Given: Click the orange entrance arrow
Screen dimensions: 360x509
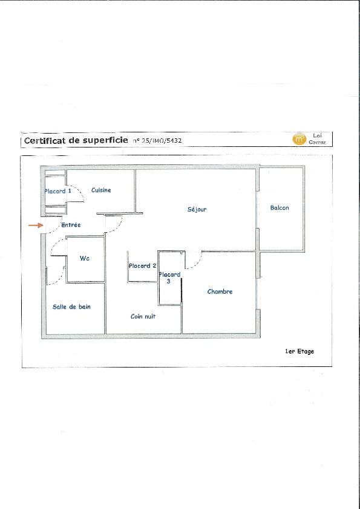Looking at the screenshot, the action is pos(36,225).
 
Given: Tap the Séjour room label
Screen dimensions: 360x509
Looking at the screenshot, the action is pos(197,209).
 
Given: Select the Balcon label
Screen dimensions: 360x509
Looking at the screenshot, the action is pos(280,208).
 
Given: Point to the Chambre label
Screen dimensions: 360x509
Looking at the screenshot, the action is pos(220,291).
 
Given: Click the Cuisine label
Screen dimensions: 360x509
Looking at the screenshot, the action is pos(101,190).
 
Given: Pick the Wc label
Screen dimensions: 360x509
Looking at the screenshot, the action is pos(85,258).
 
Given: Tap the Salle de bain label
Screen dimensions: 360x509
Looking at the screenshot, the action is pos(71,306).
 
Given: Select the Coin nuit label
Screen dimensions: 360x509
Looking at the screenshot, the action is pos(143,316).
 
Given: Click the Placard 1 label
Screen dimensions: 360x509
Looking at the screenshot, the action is pos(58,191).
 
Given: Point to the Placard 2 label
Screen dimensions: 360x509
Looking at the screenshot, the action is pos(143,266).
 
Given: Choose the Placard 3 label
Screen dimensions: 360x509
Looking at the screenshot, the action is pos(169,278).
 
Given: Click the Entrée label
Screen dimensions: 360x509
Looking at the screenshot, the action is pos(71,225).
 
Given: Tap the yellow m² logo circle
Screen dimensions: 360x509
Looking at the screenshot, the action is pos(299,139).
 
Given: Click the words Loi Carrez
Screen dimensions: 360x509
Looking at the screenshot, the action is pos(317,139).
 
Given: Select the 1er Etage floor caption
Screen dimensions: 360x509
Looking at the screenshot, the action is pos(299,351).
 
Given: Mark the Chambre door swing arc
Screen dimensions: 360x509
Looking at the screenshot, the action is pos(197,264).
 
